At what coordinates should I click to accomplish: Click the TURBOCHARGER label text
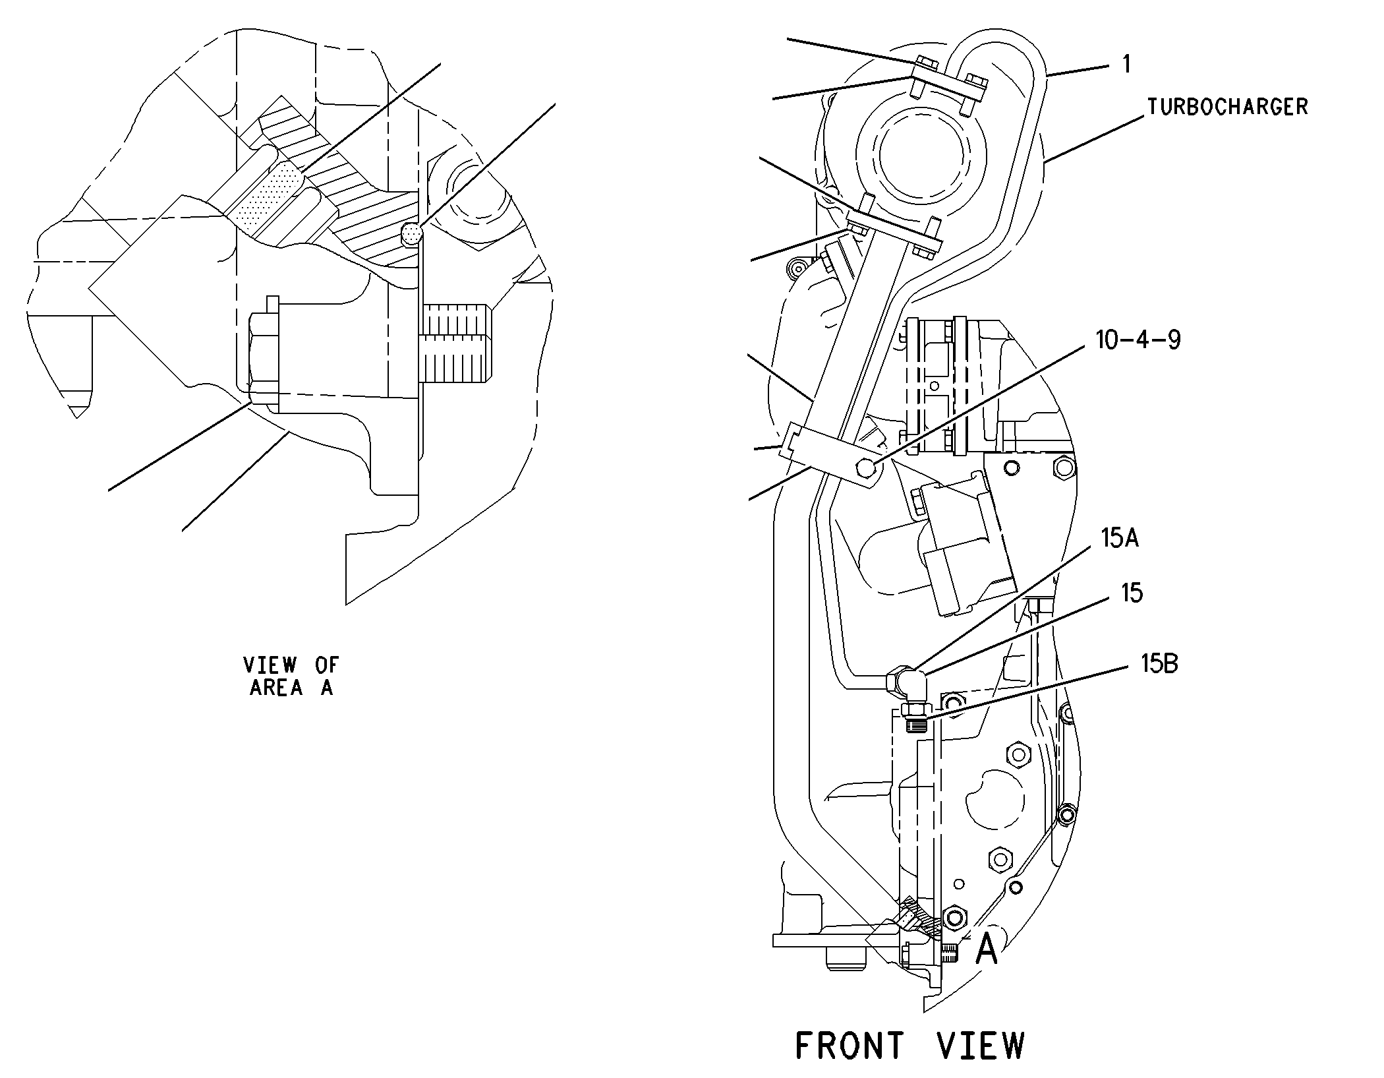pyautogui.click(x=1227, y=107)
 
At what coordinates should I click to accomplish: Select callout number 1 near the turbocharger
pyautogui.click(x=1126, y=65)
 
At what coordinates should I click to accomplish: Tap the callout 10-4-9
pyautogui.click(x=1138, y=340)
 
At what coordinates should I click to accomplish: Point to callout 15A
pyautogui.click(x=1120, y=538)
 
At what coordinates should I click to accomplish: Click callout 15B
pyautogui.click(x=1159, y=663)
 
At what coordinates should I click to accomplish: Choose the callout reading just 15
pyautogui.click(x=1132, y=593)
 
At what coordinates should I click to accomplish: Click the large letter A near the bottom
pyautogui.click(x=986, y=950)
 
